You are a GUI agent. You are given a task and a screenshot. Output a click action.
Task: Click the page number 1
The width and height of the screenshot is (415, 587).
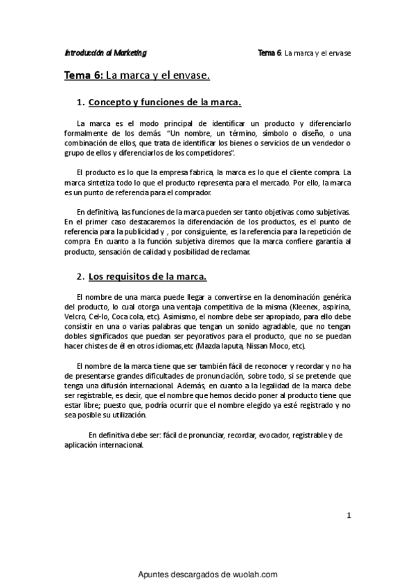point(349,514)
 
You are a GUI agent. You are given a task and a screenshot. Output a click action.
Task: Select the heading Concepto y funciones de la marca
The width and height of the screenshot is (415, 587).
point(165,102)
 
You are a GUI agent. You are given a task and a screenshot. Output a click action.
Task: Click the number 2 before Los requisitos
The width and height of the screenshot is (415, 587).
point(80,277)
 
